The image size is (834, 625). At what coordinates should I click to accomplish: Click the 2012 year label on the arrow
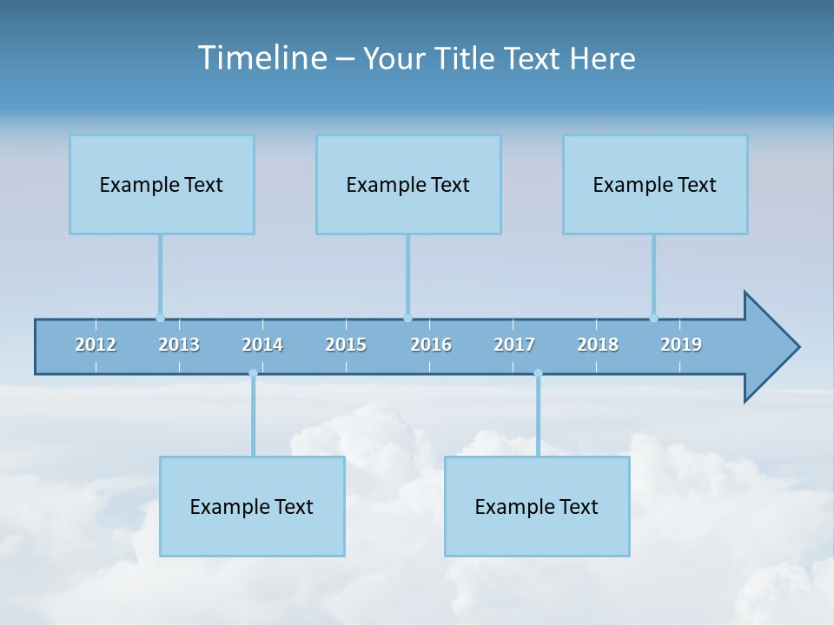(96, 345)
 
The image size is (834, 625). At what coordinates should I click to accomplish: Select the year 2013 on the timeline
(179, 345)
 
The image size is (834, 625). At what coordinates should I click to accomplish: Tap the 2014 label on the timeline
(262, 345)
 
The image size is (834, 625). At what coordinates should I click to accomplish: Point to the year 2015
(346, 345)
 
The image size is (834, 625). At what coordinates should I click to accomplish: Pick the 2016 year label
(431, 345)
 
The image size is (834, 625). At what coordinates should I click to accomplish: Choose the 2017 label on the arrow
(514, 345)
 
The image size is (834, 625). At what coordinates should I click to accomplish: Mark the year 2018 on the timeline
(598, 345)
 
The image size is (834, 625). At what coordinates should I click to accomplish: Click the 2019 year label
(681, 345)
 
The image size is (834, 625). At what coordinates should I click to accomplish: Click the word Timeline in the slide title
(261, 57)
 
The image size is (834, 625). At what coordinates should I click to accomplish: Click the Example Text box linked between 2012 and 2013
(162, 184)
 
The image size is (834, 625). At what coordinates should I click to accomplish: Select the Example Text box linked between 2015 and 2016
(408, 184)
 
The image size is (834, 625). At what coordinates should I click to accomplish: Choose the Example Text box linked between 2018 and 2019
(655, 184)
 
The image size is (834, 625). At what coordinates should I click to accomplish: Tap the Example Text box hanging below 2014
(252, 506)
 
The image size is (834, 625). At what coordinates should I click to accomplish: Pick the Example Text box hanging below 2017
(537, 506)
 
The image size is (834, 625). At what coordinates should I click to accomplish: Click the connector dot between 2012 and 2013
(160, 318)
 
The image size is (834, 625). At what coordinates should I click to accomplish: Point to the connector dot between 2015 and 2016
(407, 318)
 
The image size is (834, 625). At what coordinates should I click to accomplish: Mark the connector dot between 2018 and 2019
(653, 318)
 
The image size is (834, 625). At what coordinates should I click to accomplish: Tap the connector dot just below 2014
(253, 373)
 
